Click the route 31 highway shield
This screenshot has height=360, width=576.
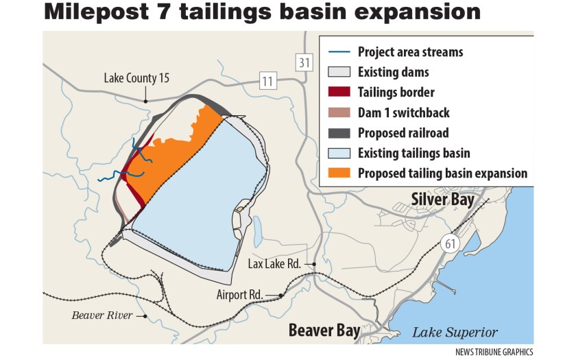click(x=304, y=63)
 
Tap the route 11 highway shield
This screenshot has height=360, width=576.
click(x=267, y=82)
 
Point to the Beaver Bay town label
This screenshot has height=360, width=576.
click(x=324, y=331)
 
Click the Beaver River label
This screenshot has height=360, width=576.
click(x=102, y=315)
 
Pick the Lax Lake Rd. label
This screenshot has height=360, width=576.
click(x=276, y=264)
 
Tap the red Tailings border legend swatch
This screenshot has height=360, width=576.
click(x=339, y=93)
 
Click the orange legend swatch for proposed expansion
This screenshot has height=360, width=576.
click(x=339, y=173)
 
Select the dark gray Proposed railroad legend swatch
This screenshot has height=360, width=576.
click(x=339, y=133)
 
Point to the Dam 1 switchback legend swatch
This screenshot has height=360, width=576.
click(x=339, y=112)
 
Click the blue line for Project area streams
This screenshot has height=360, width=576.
click(x=339, y=52)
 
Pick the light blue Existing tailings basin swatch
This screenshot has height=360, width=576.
click(x=339, y=154)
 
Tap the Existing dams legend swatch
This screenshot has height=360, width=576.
click(x=339, y=72)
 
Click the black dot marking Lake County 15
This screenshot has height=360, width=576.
click(x=145, y=101)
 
